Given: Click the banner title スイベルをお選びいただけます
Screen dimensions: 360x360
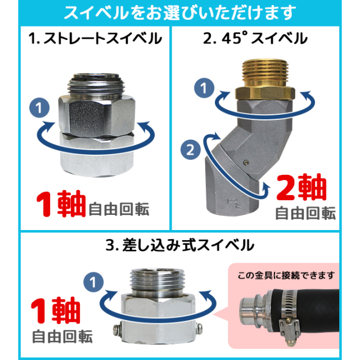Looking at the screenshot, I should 179,12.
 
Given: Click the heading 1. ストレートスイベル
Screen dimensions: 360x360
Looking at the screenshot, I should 95,39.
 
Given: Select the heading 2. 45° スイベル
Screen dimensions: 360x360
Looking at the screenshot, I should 264,39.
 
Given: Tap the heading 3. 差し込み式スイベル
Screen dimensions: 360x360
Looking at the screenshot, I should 180,245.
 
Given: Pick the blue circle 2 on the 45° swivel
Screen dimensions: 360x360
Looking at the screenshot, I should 191,150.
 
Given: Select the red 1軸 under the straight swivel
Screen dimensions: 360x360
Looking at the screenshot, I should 61,206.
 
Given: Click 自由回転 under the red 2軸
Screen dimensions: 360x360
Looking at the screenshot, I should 305,214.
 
